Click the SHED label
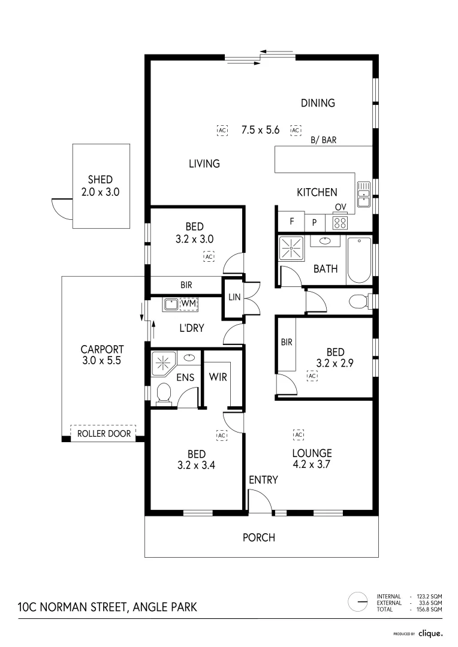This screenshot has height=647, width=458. [100, 180]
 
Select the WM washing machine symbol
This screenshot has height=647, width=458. [188, 304]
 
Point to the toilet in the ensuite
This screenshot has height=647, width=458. [163, 394]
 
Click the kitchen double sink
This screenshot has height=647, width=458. [363, 190]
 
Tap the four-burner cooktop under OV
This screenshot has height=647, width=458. [341, 223]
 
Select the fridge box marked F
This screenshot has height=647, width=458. [292, 221]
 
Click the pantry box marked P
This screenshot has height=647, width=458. [314, 222]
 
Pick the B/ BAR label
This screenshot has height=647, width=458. [323, 141]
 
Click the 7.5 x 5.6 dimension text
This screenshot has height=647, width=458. [261, 129]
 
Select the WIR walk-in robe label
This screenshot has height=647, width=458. [217, 377]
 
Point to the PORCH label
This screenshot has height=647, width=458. [258, 537]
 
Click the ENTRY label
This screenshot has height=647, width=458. [263, 480]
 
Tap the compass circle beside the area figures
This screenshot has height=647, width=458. [358, 601]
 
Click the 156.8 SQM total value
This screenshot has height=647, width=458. [429, 609]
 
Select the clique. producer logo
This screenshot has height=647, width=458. [430, 633]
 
